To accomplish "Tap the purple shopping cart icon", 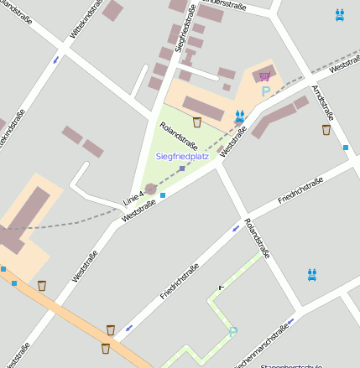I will (265, 76).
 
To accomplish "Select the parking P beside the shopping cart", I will (266, 91).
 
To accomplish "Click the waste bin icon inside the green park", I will (197, 122).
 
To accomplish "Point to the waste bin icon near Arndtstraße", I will (326, 129).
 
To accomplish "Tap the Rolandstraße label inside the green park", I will (172, 135).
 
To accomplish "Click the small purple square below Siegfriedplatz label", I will (181, 168).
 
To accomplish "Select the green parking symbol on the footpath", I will (233, 332).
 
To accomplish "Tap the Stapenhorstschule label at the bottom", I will (291, 365).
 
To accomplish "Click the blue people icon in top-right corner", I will (339, 14).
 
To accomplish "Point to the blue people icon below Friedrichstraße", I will (312, 273).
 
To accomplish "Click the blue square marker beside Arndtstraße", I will (346, 148).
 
